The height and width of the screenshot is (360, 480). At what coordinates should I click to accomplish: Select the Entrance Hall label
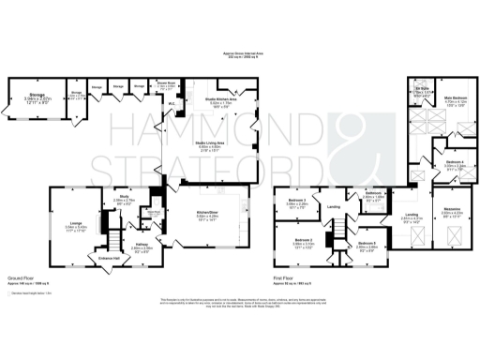coord(100,258)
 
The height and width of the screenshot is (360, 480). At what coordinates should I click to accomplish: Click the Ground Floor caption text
coord(20,278)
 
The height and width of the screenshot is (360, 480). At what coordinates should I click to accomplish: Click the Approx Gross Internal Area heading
coord(241,55)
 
